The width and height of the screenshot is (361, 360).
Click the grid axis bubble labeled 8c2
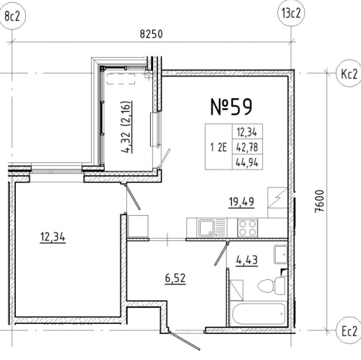pos(12,17)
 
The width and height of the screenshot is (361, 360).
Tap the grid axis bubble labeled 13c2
pos(291,14)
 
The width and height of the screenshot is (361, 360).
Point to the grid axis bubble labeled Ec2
pos(349,331)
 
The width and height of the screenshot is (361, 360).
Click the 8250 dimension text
pos(151,34)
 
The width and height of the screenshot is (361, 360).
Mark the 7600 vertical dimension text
pos(320,201)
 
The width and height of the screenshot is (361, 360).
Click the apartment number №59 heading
pos(231,107)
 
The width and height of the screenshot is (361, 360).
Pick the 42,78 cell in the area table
pos(247,147)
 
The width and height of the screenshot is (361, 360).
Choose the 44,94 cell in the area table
pos(247,163)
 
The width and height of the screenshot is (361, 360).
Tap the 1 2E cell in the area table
pos(219,147)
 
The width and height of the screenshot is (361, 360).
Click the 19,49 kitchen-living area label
pos(241,202)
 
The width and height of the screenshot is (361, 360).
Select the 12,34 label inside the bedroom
pos(53,237)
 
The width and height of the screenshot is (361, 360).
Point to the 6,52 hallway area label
pos(175,278)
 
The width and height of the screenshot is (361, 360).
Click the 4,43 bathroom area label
pos(247,260)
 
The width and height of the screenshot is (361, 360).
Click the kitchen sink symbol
pos(212,228)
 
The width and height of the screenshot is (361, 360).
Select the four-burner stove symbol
pos(248,228)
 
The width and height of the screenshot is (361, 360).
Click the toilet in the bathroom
pos(272,286)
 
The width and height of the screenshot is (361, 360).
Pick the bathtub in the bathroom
pos(258,314)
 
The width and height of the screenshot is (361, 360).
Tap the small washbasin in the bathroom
pos(280,255)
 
